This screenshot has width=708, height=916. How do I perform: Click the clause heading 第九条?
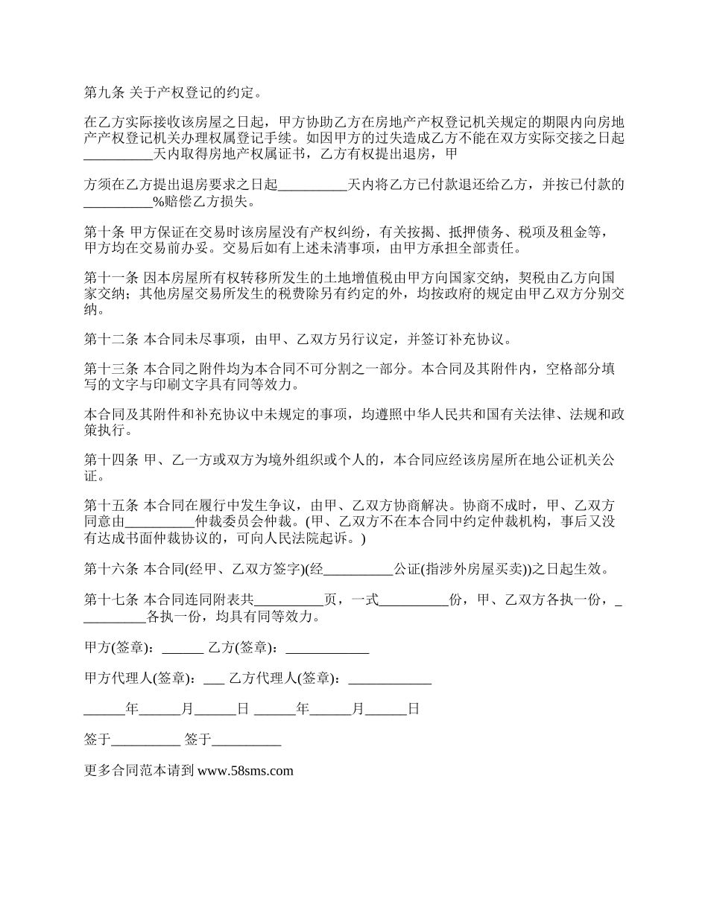[104, 93]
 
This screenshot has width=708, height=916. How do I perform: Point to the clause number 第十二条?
[110, 340]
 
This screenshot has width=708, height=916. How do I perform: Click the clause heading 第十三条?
[110, 369]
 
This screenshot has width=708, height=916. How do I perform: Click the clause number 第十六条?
[110, 570]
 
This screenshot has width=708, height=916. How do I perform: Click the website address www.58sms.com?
[245, 771]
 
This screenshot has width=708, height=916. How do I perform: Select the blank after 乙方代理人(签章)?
[390, 679]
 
